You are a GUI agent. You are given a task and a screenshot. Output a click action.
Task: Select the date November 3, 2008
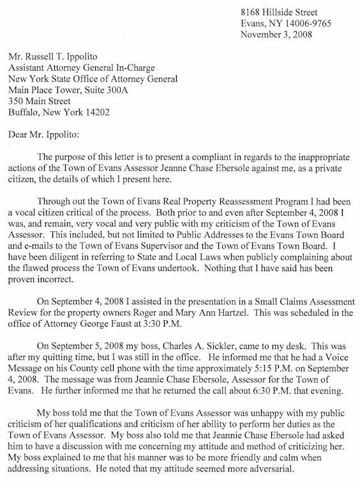[276, 34]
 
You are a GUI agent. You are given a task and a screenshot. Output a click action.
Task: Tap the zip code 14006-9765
[309, 24]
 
